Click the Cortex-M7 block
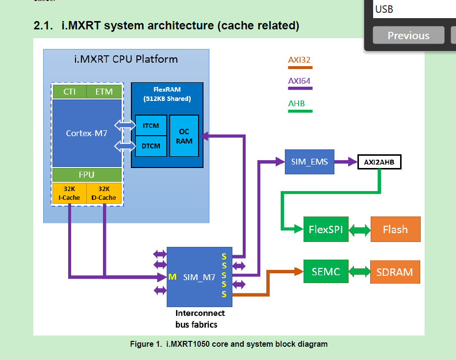tap(87, 133)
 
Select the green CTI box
tap(69, 92)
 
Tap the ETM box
tap(104, 92)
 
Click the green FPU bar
tap(87, 175)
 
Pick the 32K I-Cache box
tap(69, 193)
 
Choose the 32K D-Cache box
tap(104, 193)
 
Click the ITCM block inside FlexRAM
tap(151, 125)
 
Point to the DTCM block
tap(151, 146)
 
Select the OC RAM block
tap(184, 136)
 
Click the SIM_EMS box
tap(309, 162)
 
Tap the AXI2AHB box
tap(380, 162)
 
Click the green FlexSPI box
tap(326, 229)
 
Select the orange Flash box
tap(395, 229)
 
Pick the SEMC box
tap(326, 271)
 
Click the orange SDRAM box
tap(395, 272)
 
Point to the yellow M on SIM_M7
tap(172, 277)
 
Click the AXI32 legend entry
tap(299, 60)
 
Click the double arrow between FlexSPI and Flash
tap(360, 229)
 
